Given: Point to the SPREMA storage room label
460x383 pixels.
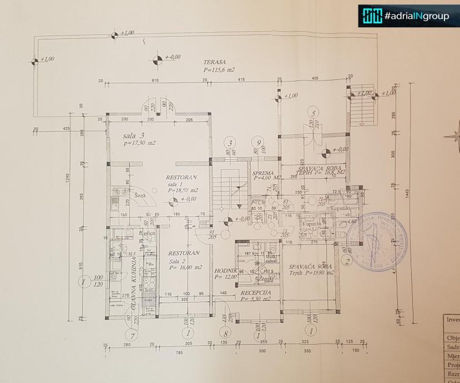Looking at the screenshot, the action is [262, 173].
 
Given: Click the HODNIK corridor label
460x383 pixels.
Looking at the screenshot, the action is [226, 270].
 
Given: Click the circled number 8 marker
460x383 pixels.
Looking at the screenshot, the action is [225, 334].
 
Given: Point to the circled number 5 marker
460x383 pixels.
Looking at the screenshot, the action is [314, 114].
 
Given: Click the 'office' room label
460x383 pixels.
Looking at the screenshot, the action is [149, 234].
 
